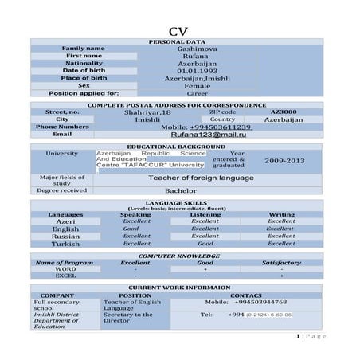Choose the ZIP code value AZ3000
coord(284,112)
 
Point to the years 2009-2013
coord(285,160)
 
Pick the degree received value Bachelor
coord(180,191)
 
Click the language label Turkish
coord(65,244)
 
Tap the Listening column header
coord(205,215)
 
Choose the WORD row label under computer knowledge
coord(66,269)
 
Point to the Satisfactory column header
coord(281,262)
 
